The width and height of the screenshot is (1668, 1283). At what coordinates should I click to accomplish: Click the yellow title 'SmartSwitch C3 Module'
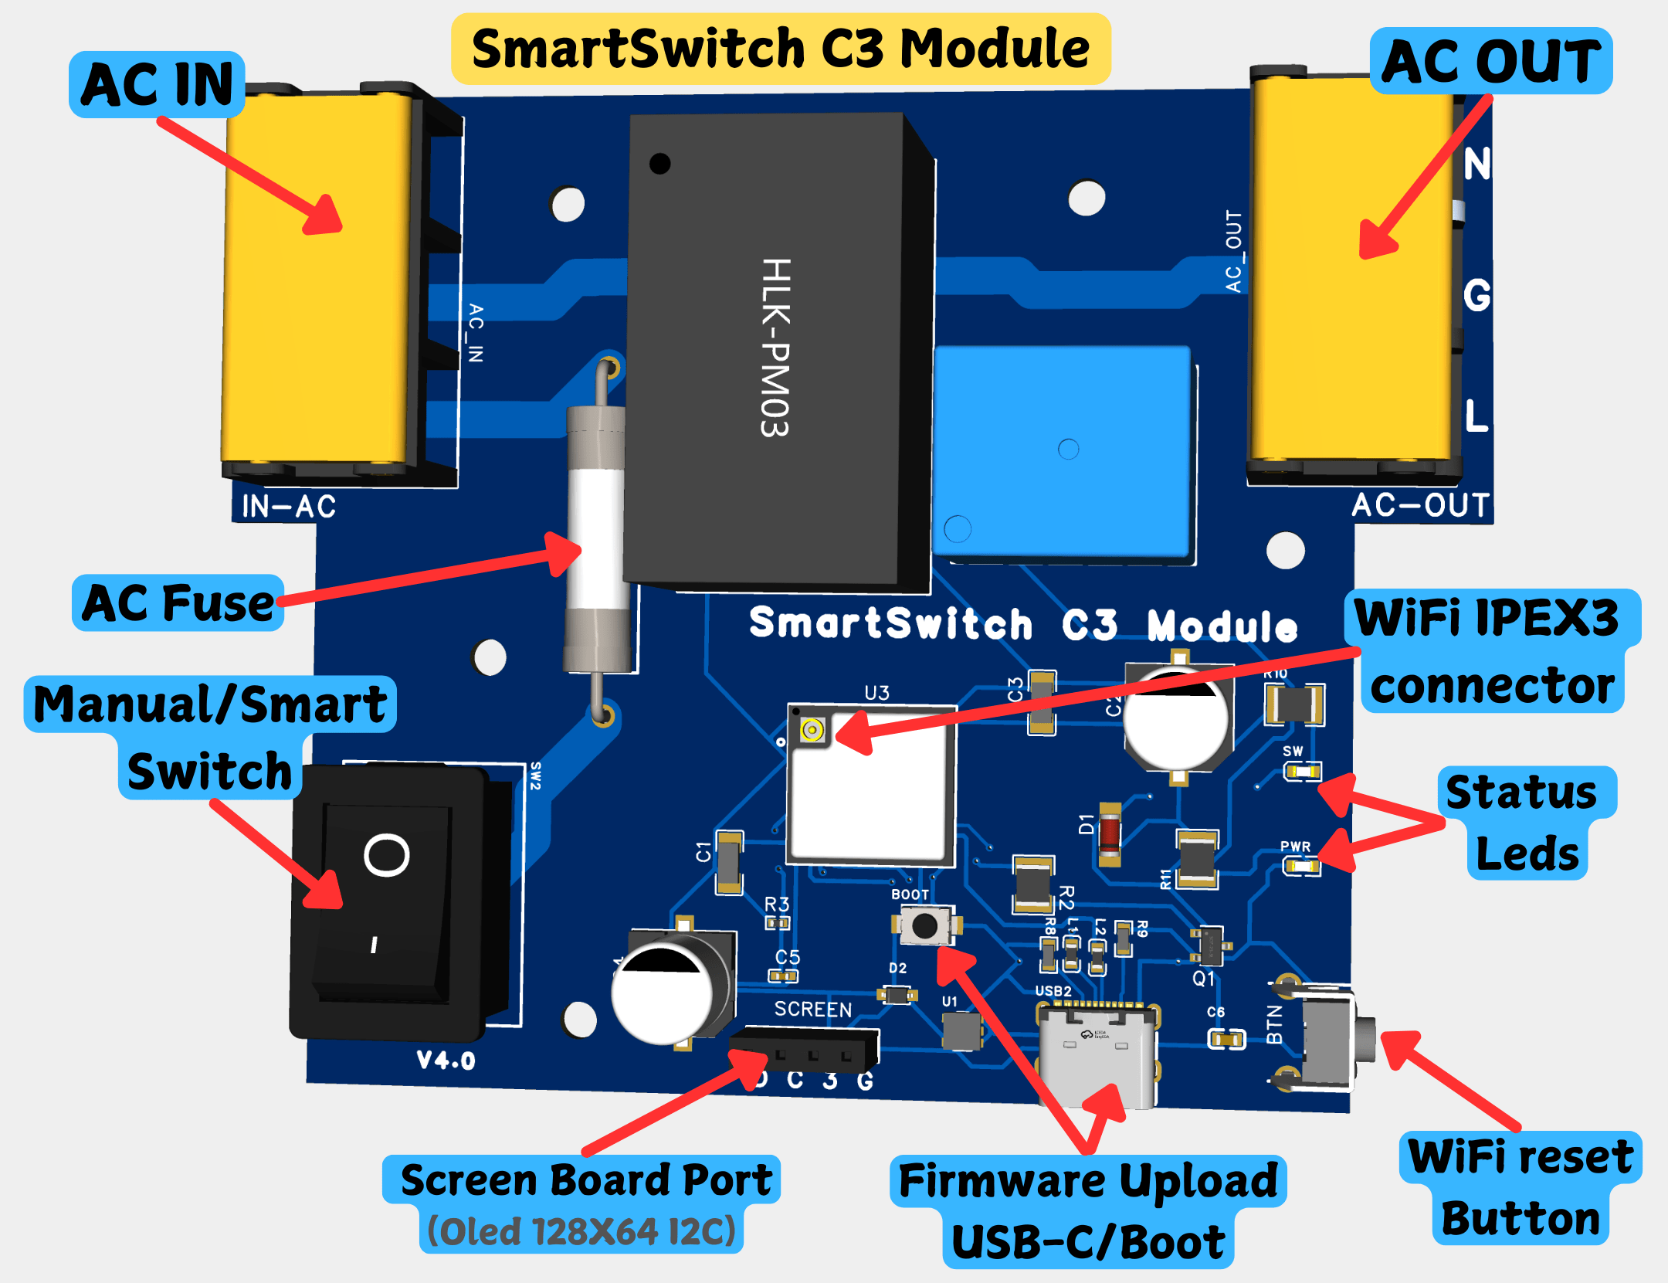(x=780, y=48)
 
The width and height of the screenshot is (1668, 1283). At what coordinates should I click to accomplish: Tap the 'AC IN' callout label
(x=157, y=84)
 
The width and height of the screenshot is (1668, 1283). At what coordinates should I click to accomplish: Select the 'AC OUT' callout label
(x=1490, y=61)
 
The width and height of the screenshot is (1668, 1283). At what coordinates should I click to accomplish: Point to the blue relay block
(x=1062, y=452)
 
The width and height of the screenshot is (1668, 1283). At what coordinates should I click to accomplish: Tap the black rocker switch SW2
(x=386, y=900)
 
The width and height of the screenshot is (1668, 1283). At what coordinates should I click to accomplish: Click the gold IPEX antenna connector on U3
(x=812, y=729)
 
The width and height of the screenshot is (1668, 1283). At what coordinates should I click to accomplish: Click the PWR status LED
(x=1302, y=867)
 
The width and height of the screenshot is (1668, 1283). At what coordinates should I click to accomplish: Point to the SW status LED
(x=1303, y=771)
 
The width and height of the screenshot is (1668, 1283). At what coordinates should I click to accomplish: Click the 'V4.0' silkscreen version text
(x=446, y=1060)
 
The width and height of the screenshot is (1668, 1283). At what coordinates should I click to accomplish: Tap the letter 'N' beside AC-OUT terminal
(x=1476, y=164)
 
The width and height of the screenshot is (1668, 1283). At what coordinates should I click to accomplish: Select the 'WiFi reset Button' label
(x=1520, y=1187)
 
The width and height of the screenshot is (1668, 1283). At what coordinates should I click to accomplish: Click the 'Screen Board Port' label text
(x=585, y=1179)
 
